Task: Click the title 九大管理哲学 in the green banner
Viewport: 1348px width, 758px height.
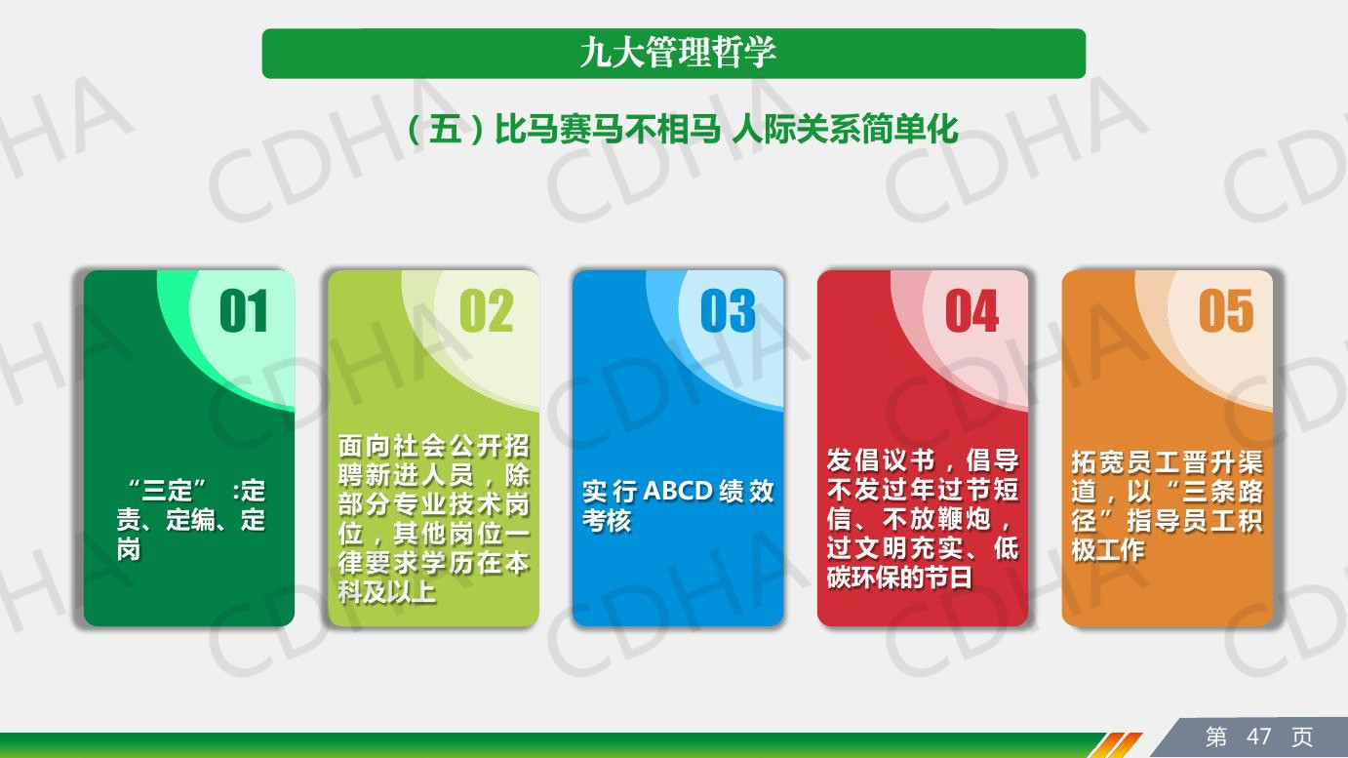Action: pyautogui.click(x=678, y=53)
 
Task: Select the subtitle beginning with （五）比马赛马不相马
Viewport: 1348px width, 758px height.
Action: pyautogui.click(x=682, y=129)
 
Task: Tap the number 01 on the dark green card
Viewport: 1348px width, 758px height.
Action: pyautogui.click(x=244, y=310)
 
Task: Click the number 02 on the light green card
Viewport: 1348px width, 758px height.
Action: pyautogui.click(x=487, y=310)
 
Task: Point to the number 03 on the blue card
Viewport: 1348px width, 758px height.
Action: pyautogui.click(x=729, y=310)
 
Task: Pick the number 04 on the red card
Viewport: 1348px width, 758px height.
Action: pyautogui.click(x=972, y=310)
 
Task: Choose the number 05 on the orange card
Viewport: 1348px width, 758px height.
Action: pyautogui.click(x=1226, y=310)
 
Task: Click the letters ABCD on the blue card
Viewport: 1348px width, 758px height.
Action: pyautogui.click(x=679, y=492)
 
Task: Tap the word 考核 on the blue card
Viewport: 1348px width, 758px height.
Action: pyautogui.click(x=607, y=521)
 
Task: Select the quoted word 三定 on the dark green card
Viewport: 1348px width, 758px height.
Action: pyautogui.click(x=168, y=491)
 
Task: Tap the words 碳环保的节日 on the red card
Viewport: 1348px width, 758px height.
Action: pyautogui.click(x=899, y=578)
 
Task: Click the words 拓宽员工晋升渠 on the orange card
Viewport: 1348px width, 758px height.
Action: pyautogui.click(x=1168, y=462)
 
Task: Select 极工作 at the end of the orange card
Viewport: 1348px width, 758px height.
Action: pyautogui.click(x=1108, y=549)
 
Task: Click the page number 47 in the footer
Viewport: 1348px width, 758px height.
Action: pyautogui.click(x=1259, y=737)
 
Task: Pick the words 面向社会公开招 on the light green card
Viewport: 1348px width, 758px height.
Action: pyautogui.click(x=433, y=447)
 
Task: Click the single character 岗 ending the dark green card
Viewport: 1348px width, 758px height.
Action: pyautogui.click(x=129, y=549)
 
